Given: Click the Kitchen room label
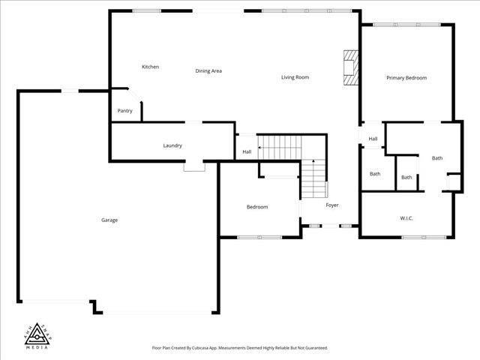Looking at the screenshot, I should click(150, 67).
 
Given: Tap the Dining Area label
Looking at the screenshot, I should click(208, 71).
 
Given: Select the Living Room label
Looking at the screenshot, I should click(295, 77).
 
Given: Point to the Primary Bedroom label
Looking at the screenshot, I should click(406, 78).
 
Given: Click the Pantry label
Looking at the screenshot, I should click(125, 111).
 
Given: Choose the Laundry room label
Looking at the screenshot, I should click(172, 145).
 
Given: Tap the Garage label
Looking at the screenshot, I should click(109, 220).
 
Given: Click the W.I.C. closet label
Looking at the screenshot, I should click(406, 218).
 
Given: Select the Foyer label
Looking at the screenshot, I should click(331, 205).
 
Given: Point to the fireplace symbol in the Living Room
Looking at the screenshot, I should click(350, 66).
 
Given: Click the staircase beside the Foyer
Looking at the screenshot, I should click(313, 180).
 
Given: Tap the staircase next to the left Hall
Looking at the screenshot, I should click(279, 146).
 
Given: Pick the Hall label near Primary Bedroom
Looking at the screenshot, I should click(373, 139).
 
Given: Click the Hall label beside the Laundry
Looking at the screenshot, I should click(247, 152).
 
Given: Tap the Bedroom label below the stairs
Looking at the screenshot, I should click(257, 207).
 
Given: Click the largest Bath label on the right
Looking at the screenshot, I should click(437, 158).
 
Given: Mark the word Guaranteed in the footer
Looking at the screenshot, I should click(316, 348).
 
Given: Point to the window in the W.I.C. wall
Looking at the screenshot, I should click(418, 238).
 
